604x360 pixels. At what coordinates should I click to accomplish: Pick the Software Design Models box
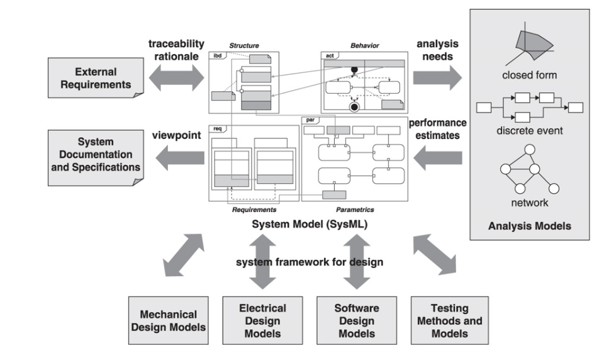click(357, 320)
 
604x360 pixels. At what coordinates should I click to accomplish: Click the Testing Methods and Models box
click(449, 320)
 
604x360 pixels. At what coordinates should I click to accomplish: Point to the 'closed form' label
click(529, 76)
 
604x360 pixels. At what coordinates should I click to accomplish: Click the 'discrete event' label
click(529, 131)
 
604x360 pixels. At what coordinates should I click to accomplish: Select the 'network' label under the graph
click(529, 203)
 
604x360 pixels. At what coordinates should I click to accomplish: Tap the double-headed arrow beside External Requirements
click(177, 78)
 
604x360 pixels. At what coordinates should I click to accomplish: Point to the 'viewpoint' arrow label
click(174, 135)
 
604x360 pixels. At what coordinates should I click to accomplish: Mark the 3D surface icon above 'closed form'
click(530, 45)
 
